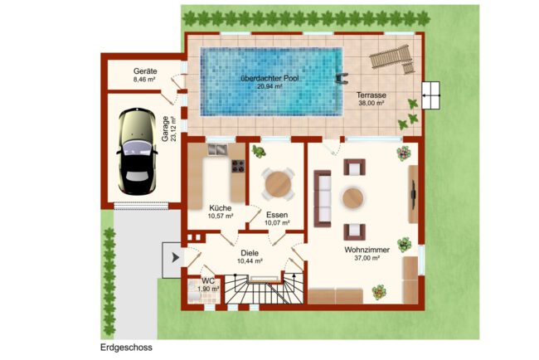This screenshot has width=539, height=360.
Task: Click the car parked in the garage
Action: click(137, 152)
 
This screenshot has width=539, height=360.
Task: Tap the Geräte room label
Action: click(145, 71)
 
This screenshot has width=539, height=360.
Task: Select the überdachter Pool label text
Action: click(269, 78)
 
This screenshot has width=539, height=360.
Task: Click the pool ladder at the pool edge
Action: click(342, 78)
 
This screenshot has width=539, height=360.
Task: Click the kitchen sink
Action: click(217, 148)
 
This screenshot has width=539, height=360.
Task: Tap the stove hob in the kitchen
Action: click(238, 166)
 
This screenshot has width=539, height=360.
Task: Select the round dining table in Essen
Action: click(278, 184)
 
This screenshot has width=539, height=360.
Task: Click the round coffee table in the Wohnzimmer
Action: click(352, 197)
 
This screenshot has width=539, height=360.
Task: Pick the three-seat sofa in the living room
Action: click(323, 198)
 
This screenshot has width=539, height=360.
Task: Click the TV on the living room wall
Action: click(414, 194)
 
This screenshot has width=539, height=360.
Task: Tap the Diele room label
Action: click(250, 253)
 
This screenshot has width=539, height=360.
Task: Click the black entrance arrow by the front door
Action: click(176, 257)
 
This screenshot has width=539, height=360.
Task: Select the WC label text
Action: click(208, 281)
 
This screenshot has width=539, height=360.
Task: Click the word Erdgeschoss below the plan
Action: click(126, 348)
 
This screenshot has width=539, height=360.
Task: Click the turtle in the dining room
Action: click(258, 151)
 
